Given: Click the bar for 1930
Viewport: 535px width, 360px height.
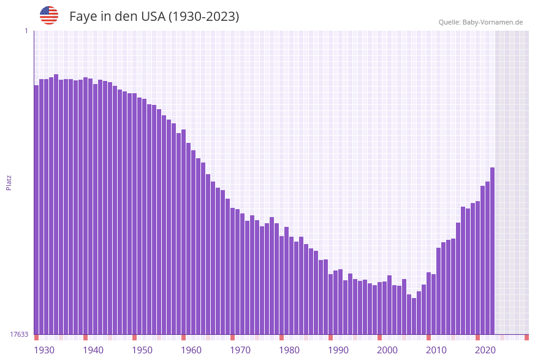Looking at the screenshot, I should [x=36, y=209].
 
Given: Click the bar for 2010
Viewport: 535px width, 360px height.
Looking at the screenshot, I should [x=428, y=303].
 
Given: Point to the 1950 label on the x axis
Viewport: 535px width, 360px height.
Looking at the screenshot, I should [x=142, y=350].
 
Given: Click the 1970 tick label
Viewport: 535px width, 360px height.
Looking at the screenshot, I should [x=240, y=350].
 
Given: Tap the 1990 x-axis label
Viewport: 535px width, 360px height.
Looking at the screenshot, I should [x=338, y=350].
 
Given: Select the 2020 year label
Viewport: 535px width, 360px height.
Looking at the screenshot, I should [x=485, y=350].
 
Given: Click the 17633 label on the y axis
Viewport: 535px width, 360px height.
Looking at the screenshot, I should [x=19, y=334].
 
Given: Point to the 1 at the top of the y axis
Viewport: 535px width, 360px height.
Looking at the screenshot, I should [x=26, y=31].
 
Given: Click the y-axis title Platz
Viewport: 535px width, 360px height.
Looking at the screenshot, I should [x=9, y=182].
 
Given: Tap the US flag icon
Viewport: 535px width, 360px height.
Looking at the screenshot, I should [x=49, y=15].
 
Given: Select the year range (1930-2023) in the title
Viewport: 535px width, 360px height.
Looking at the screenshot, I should [x=203, y=17].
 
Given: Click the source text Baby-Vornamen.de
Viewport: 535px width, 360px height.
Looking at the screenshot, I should [x=493, y=22].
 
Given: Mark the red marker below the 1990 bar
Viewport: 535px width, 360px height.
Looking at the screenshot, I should [x=330, y=337].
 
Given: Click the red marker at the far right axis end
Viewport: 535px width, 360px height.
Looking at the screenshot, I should [x=526, y=337].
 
